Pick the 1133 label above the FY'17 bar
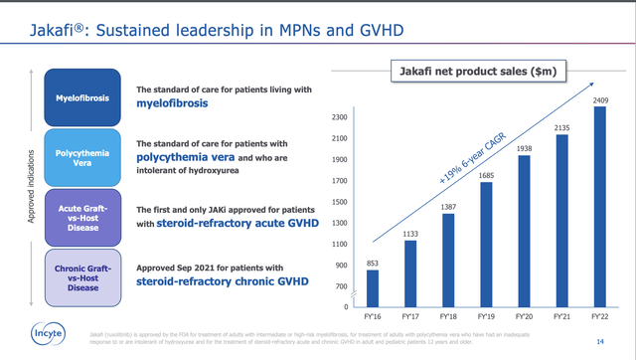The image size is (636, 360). tap(410, 235)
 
